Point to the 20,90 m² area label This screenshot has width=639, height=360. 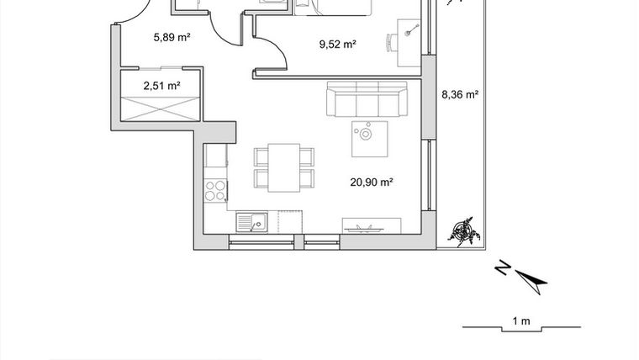click(x=372, y=181)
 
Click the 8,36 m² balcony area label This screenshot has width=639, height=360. click(x=460, y=95)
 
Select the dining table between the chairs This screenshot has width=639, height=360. click(x=284, y=167)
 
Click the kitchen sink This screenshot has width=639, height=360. click(x=251, y=223)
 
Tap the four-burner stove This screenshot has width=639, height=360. click(x=216, y=189)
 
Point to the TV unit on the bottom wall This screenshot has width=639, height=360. click(x=370, y=225)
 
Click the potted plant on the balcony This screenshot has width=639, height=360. click(x=463, y=231)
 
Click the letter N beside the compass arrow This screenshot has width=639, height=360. click(x=502, y=268)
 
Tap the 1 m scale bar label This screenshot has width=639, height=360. click(x=521, y=320)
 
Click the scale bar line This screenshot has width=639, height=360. click(x=520, y=329)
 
